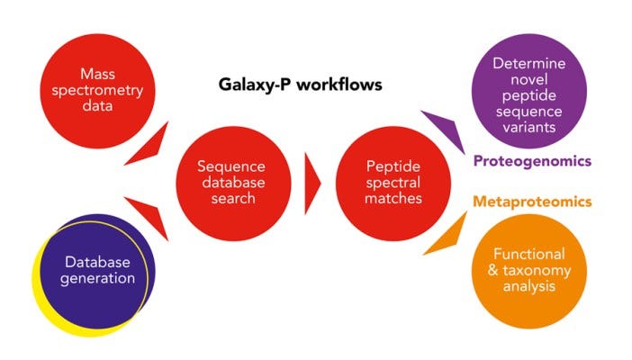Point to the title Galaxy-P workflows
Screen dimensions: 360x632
click(301, 85)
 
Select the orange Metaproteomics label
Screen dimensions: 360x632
click(532, 202)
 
